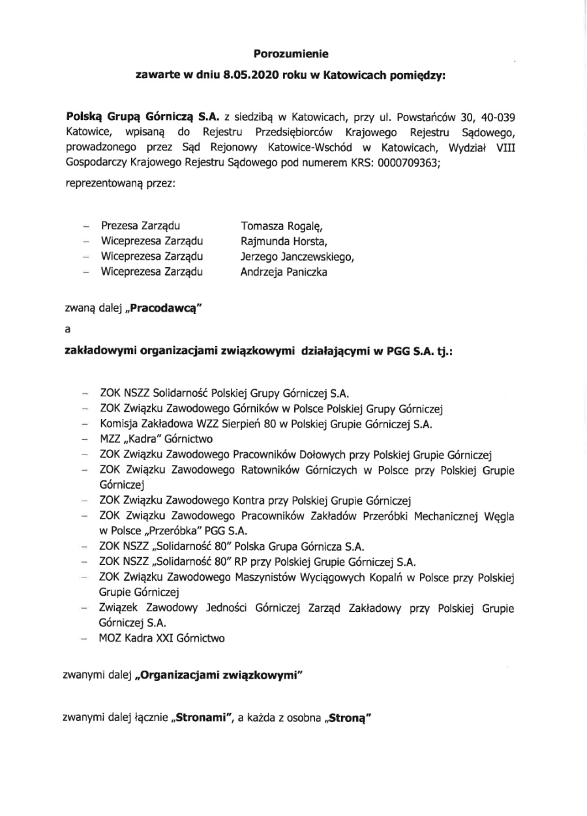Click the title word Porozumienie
[291, 55]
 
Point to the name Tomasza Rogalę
[282, 226]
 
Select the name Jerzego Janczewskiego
[297, 257]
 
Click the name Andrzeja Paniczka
[284, 272]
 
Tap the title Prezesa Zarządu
[140, 226]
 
